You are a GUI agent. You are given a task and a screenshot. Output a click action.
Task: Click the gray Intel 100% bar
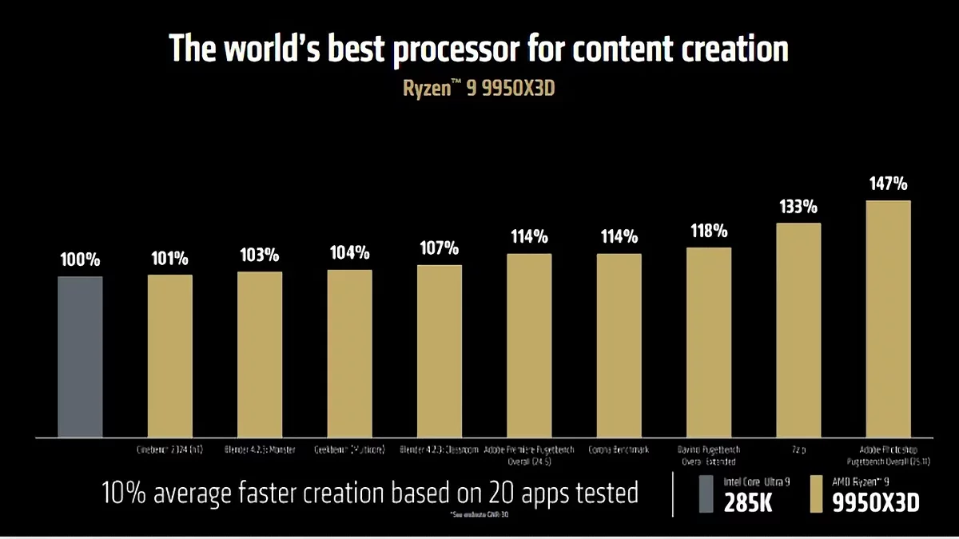click(x=80, y=356)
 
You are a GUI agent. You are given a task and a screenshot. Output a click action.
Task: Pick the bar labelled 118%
click(x=709, y=342)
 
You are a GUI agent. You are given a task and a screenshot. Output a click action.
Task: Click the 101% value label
click(x=169, y=259)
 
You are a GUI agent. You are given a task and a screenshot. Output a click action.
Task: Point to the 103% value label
click(x=259, y=256)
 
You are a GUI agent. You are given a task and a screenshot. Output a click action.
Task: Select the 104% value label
click(x=349, y=253)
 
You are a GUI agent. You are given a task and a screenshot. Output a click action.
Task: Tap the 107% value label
click(x=439, y=248)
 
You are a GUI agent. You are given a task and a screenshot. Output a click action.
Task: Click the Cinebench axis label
click(x=169, y=450)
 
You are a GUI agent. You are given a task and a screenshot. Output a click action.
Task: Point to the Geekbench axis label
click(x=349, y=450)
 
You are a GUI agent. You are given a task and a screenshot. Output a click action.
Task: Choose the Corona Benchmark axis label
click(x=619, y=450)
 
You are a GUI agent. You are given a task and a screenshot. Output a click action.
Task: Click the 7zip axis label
click(x=798, y=450)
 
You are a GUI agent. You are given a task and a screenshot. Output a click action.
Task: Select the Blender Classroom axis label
click(x=439, y=450)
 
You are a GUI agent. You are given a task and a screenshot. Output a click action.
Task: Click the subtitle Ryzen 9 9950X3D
click(x=479, y=89)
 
